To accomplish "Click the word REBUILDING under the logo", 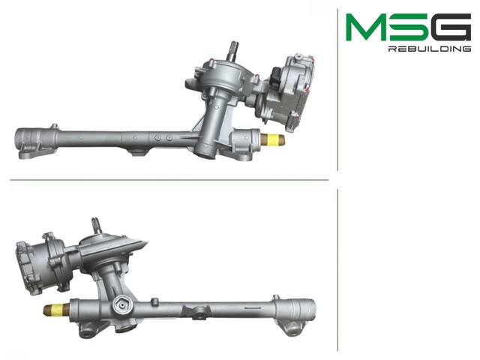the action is (x=430, y=49).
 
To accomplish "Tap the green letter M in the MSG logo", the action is (x=366, y=27).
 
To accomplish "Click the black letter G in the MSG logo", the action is (x=451, y=27).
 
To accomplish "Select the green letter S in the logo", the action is (x=409, y=27).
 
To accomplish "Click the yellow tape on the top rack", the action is (x=271, y=139).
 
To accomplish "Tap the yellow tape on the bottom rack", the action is (x=59, y=309).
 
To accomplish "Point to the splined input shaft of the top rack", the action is (x=233, y=50).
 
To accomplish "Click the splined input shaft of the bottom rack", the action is (x=96, y=225).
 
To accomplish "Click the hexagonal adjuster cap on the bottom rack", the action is (x=122, y=305).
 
